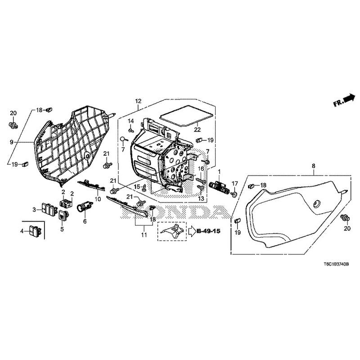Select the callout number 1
point(220,172)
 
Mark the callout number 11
point(144,235)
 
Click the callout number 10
point(97,198)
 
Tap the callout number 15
point(137,186)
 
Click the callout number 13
point(201,198)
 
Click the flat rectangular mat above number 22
point(185,113)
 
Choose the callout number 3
point(34,209)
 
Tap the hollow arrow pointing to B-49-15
point(191,232)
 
